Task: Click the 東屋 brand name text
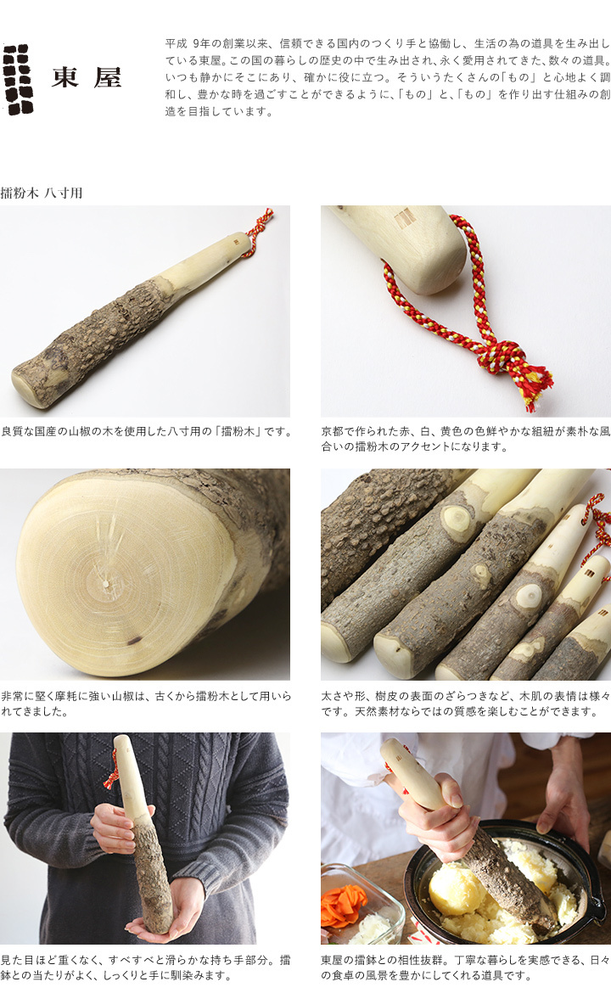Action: [x=86, y=78]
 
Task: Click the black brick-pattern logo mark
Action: [x=18, y=79]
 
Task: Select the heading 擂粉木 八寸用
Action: [x=42, y=193]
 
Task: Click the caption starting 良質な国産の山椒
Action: [x=146, y=431]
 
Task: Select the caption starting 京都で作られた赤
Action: [x=465, y=439]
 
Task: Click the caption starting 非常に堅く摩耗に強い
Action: [x=146, y=703]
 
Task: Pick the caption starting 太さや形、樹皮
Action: [x=465, y=703]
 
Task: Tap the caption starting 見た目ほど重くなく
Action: [x=146, y=967]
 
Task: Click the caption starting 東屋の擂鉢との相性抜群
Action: [x=465, y=967]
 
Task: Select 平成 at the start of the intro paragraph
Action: [x=176, y=43]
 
